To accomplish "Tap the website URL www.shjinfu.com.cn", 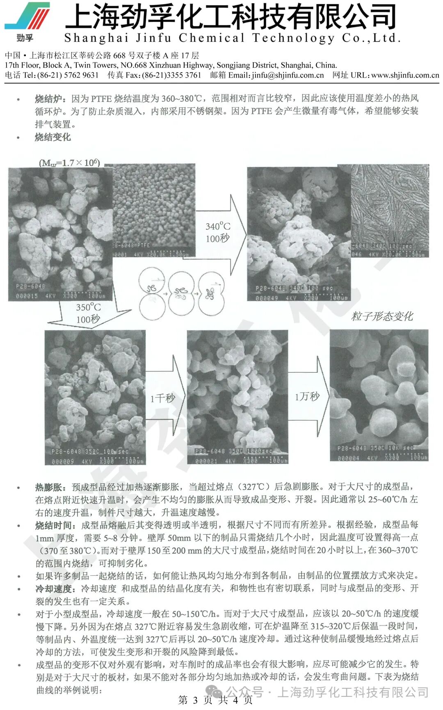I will coord(405,76).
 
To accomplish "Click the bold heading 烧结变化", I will coord(53,137).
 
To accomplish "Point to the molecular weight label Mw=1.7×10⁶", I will coord(69,163).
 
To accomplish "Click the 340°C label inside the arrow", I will coord(218,227).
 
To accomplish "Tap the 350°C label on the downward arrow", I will coord(88,307).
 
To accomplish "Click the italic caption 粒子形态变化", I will coord(382,316).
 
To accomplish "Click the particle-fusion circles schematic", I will coord(182,293).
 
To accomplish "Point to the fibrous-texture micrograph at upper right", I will coord(390,210).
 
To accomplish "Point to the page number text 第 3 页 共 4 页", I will coord(215,700).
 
